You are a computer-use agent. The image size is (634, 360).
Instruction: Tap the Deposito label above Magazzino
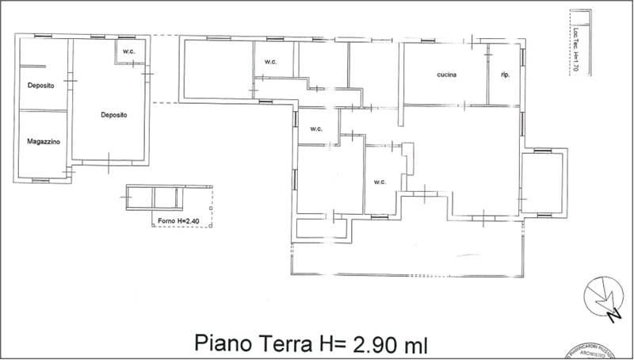[40, 86]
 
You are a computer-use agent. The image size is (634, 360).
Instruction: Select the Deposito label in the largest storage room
[114, 115]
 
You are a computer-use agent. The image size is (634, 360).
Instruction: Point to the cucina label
[447, 75]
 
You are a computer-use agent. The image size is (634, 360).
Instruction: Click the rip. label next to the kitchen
[504, 75]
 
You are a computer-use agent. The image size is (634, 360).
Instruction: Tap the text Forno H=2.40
[180, 221]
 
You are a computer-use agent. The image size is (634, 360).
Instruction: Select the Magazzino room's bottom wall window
[40, 181]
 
